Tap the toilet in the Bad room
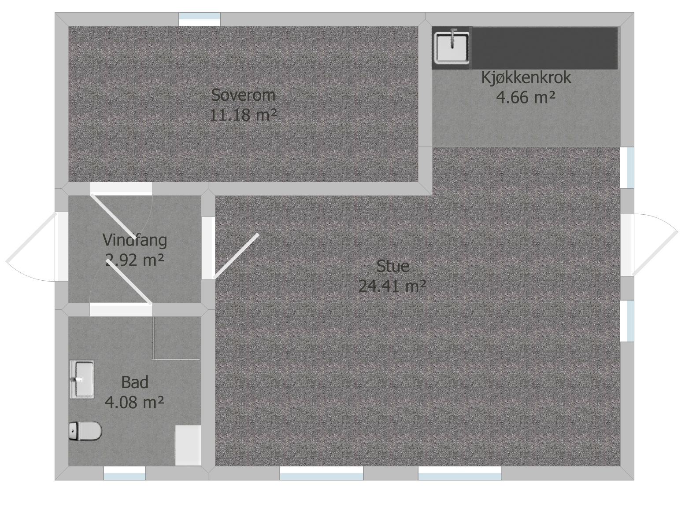tap(85, 431)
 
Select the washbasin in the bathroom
tap(82, 379)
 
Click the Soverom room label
tap(243, 95)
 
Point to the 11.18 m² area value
tap(243, 115)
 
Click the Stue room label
tap(393, 266)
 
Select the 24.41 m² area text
tap(392, 286)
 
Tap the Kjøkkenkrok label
tap(526, 77)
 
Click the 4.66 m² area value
tap(526, 97)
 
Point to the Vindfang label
tap(135, 240)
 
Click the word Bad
tap(135, 382)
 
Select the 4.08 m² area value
tap(134, 402)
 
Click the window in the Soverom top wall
tap(200, 19)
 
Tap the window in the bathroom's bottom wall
tap(125, 473)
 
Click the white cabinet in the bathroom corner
tap(188, 445)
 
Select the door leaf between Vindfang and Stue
tap(236, 256)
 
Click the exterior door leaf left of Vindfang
tap(31, 237)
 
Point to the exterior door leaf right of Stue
tap(655, 253)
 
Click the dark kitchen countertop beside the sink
tap(544, 48)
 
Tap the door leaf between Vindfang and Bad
tap(129, 282)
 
